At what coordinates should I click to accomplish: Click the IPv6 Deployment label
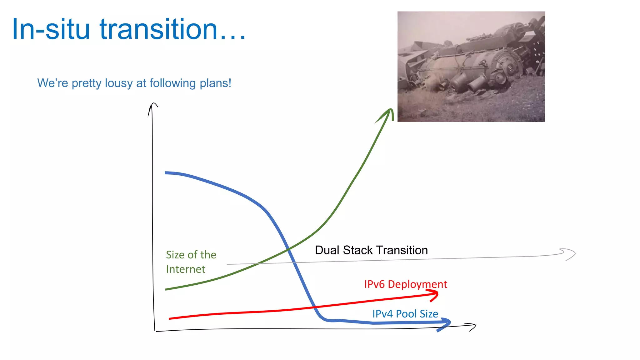pos(405,284)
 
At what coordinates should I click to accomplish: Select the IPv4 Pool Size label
pos(405,314)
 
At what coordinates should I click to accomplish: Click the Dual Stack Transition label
pos(371,250)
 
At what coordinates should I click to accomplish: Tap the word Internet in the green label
pos(186,269)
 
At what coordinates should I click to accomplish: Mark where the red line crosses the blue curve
pos(313,307)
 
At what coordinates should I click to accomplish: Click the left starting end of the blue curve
pos(166,172)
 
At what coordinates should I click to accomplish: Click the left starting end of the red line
pos(170,318)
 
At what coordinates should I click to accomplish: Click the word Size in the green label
pos(175,255)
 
